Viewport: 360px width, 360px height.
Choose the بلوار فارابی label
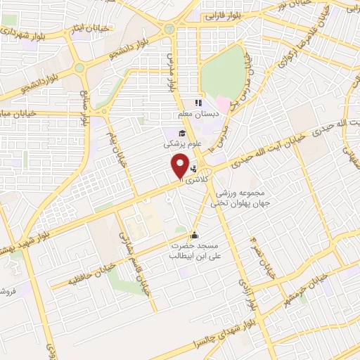coord(224,14)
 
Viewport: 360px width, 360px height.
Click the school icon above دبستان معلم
coord(198,103)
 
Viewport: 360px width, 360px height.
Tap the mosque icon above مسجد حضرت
coord(194,236)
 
